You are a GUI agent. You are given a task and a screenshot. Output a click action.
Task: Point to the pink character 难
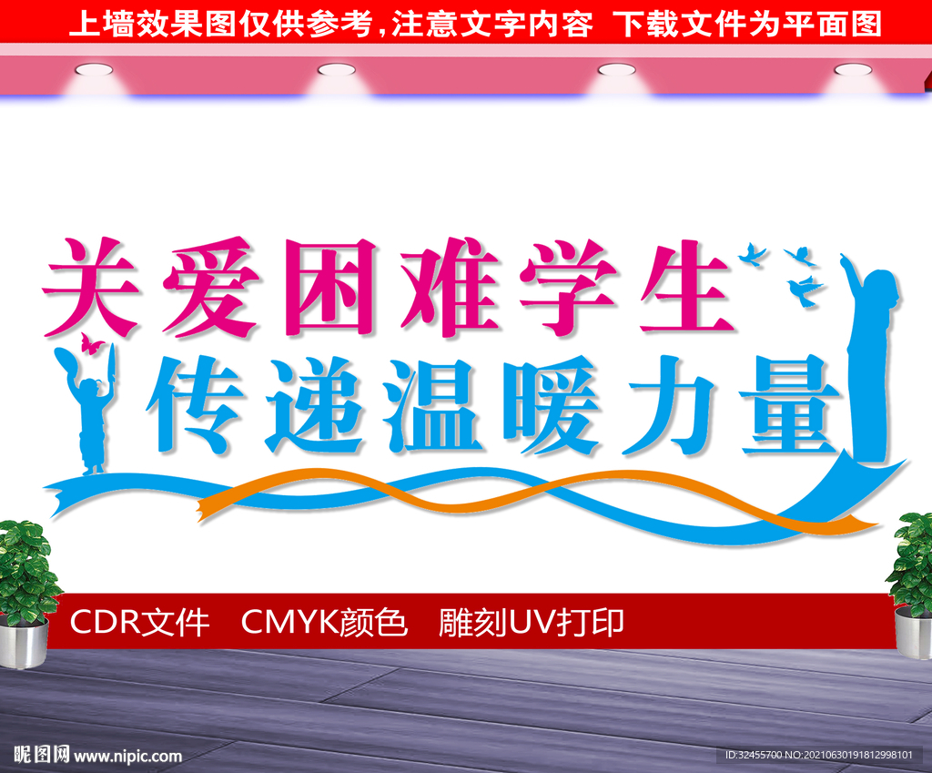point(446,287)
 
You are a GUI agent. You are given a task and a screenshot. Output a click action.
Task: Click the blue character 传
point(193,405)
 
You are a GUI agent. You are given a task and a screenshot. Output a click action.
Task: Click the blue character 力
point(664,405)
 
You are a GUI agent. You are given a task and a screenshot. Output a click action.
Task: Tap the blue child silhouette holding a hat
point(90,414)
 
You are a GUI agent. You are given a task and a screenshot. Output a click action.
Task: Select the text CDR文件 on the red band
point(139,623)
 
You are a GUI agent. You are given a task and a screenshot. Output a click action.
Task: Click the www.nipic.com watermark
point(127,756)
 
